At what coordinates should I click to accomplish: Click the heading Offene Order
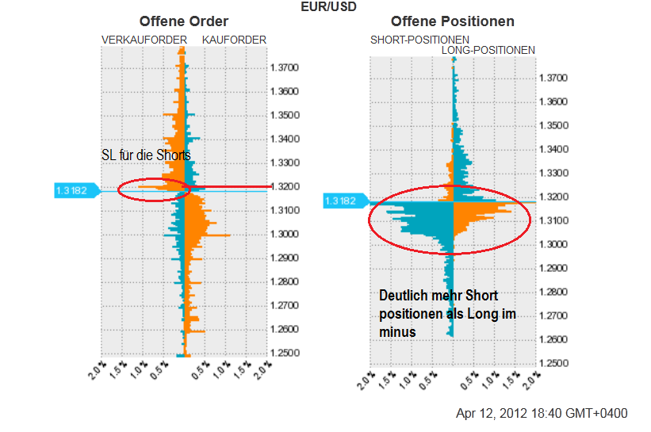click(183, 21)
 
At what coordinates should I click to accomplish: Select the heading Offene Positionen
click(453, 21)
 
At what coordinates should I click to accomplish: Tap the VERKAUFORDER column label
click(144, 40)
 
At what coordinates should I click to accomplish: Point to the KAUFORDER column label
click(235, 40)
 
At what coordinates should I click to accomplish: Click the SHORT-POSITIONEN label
click(419, 40)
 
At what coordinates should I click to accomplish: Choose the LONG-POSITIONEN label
click(488, 50)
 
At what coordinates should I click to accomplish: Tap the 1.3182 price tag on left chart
click(71, 190)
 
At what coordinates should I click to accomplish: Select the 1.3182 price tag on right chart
click(342, 201)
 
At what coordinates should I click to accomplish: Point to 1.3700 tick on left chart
click(284, 67)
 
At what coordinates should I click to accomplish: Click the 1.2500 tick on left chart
click(284, 353)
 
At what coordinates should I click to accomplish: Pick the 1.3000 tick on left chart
click(284, 234)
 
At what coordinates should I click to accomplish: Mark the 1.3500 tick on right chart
click(554, 125)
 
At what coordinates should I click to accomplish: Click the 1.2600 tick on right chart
click(554, 339)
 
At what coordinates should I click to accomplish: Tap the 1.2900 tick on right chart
click(554, 268)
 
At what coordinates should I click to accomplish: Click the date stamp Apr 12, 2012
click(542, 414)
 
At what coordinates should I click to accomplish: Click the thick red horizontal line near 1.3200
click(230, 188)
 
